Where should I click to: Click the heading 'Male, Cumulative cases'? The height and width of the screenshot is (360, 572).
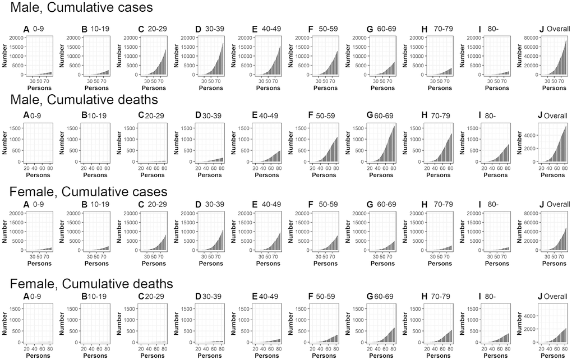tap(81, 9)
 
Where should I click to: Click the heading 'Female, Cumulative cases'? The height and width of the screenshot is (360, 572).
tap(88, 191)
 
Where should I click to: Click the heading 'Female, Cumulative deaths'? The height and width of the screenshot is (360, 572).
tap(91, 284)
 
